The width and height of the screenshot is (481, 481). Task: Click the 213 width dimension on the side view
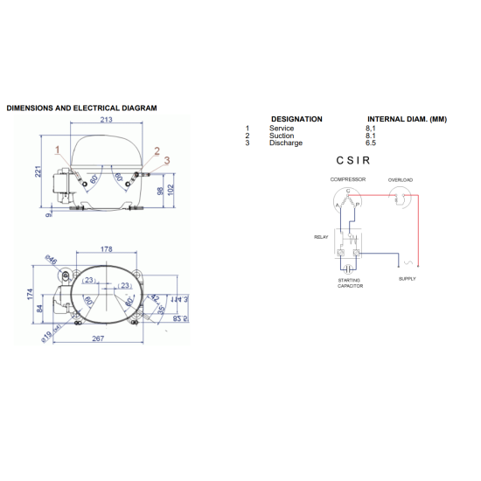pos(105,121)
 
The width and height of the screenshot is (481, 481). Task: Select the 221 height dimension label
pos(38,171)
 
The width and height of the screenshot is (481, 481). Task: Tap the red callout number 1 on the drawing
pos(58,150)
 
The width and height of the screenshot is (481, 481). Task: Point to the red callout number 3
pos(166,158)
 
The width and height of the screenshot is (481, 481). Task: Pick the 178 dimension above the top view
pos(106,249)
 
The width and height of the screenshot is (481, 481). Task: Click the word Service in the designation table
pos(282,129)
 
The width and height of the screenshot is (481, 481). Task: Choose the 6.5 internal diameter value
pos(371,143)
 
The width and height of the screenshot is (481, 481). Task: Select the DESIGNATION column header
pos(296,119)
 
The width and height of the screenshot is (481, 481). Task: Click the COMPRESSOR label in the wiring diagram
pos(347,179)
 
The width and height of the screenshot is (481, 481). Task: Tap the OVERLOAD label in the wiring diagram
pos(401,179)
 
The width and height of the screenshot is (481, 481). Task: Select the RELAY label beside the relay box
pos(321,237)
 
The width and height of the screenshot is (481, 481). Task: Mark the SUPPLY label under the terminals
pos(408,279)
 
